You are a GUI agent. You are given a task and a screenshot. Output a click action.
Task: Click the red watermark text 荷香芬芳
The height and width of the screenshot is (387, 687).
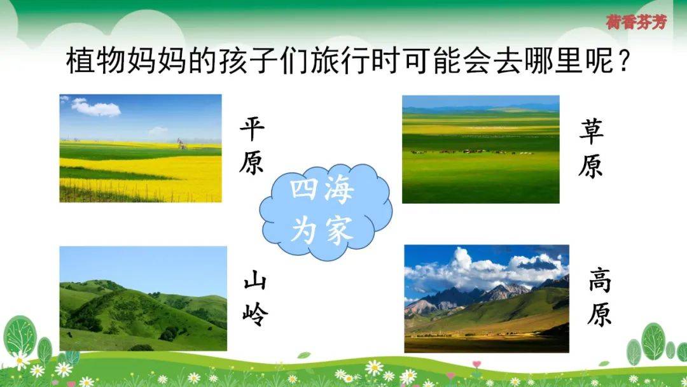tap(637, 22)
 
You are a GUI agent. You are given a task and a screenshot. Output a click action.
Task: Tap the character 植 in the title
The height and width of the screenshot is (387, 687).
tap(81, 61)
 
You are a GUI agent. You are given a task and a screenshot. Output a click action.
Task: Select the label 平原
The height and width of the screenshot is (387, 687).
tap(252, 146)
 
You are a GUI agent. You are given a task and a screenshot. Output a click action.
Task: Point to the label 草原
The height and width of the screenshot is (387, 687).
tap(590, 148)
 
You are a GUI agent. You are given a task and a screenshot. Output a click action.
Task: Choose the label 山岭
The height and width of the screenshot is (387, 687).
tap(255, 298)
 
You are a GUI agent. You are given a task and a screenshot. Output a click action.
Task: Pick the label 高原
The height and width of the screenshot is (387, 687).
tap(600, 298)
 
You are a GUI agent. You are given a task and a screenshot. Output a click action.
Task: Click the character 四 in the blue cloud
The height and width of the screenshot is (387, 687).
tap(303, 189)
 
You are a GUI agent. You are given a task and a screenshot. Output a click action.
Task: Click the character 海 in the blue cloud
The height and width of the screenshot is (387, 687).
tap(338, 191)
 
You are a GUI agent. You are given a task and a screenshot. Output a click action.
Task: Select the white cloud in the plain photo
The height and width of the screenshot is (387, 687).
tap(96, 108)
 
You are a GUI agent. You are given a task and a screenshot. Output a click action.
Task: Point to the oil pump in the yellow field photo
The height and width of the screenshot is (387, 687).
tap(181, 143)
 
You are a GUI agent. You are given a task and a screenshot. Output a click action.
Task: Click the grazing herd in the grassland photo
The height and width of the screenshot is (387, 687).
tap(471, 151)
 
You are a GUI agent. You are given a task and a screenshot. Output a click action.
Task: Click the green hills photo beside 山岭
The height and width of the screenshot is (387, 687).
tap(143, 299)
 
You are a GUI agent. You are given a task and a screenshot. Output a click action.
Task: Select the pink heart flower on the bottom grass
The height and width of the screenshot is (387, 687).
tap(476, 364)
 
